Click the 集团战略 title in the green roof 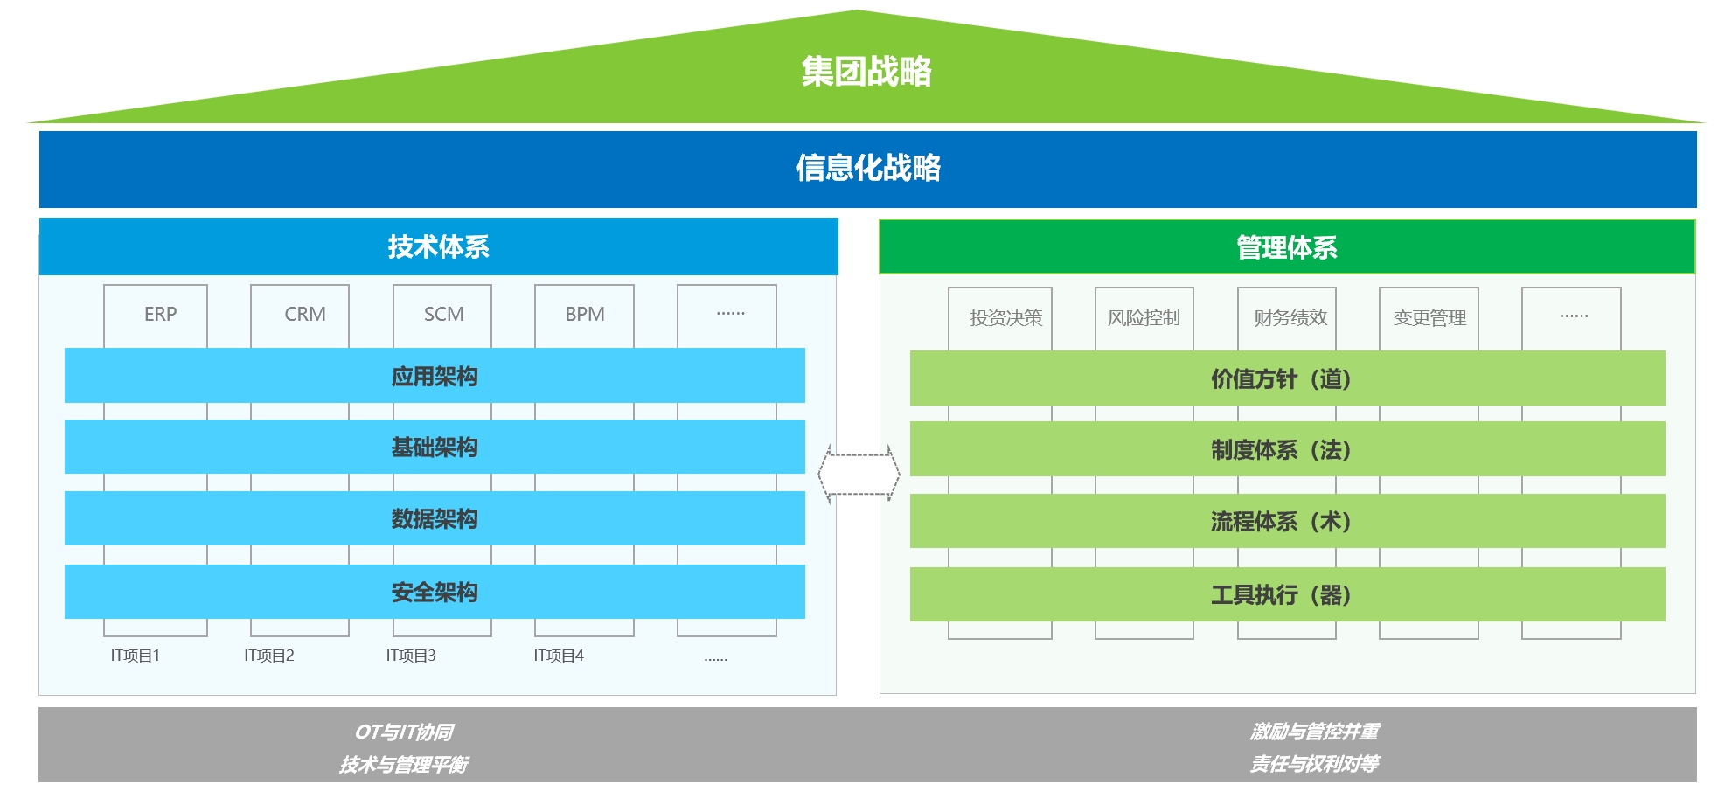[x=866, y=72]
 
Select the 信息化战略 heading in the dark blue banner [x=867, y=168]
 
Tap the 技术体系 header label [x=438, y=247]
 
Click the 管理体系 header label [x=1286, y=248]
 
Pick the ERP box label [x=160, y=315]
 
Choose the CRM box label [x=304, y=315]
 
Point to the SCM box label [x=443, y=315]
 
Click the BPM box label [x=584, y=315]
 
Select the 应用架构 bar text [x=434, y=377]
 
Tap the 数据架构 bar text [x=434, y=519]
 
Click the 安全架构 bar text [x=434, y=593]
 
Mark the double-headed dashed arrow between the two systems [x=859, y=474]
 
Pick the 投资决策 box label [x=1005, y=318]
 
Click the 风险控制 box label [x=1144, y=318]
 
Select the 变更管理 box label [x=1429, y=318]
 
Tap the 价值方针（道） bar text [x=1281, y=379]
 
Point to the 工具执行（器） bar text [x=1281, y=595]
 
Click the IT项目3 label [x=411, y=656]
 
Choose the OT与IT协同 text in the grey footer [x=404, y=732]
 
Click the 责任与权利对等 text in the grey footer [x=1314, y=764]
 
